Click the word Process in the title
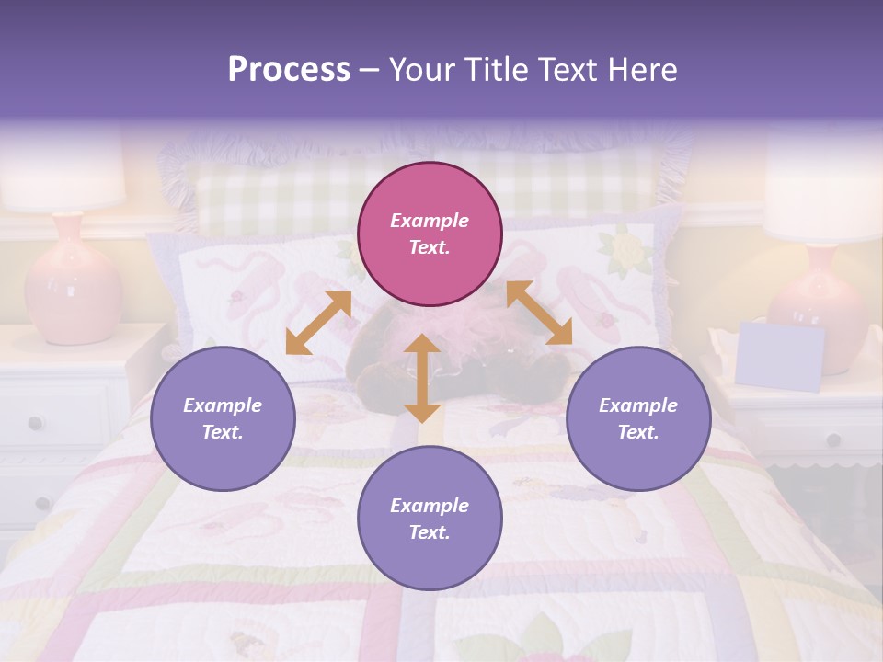point(289,70)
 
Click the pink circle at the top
point(430,234)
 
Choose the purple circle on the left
point(223,418)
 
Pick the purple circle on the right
point(638,418)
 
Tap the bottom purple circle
point(430,519)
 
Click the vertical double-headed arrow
point(422,378)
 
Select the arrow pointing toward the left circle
point(318,322)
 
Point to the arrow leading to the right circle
point(539,313)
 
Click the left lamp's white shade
point(61,175)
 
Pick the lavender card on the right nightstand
point(780,356)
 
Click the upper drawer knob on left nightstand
point(35,423)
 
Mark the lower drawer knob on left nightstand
point(42,503)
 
